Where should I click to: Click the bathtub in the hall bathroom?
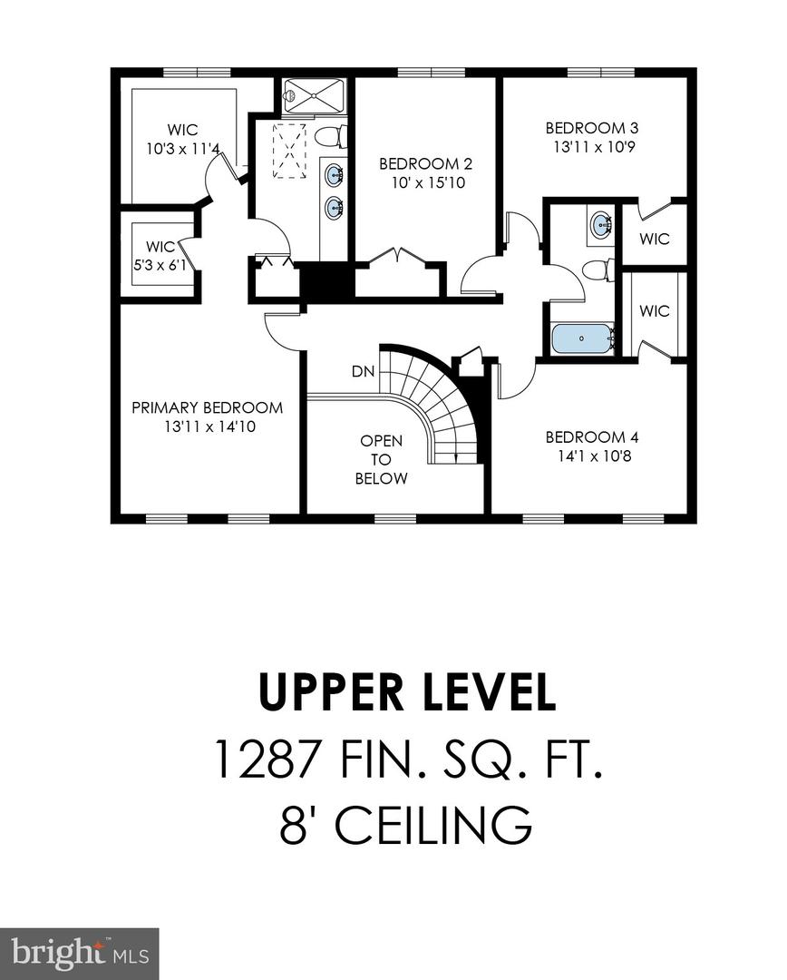click(x=582, y=339)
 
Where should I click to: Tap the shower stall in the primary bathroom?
click(x=314, y=95)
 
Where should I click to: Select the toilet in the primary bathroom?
click(x=330, y=137)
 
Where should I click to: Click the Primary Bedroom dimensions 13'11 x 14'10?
click(x=207, y=426)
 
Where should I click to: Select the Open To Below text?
click(x=381, y=460)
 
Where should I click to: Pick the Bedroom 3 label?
click(x=586, y=128)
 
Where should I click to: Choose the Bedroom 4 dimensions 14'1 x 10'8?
click(x=586, y=455)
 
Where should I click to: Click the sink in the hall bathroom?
click(x=600, y=224)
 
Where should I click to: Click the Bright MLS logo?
click(x=80, y=954)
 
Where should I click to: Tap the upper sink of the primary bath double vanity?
click(x=334, y=175)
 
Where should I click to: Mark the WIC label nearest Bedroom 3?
click(x=654, y=239)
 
